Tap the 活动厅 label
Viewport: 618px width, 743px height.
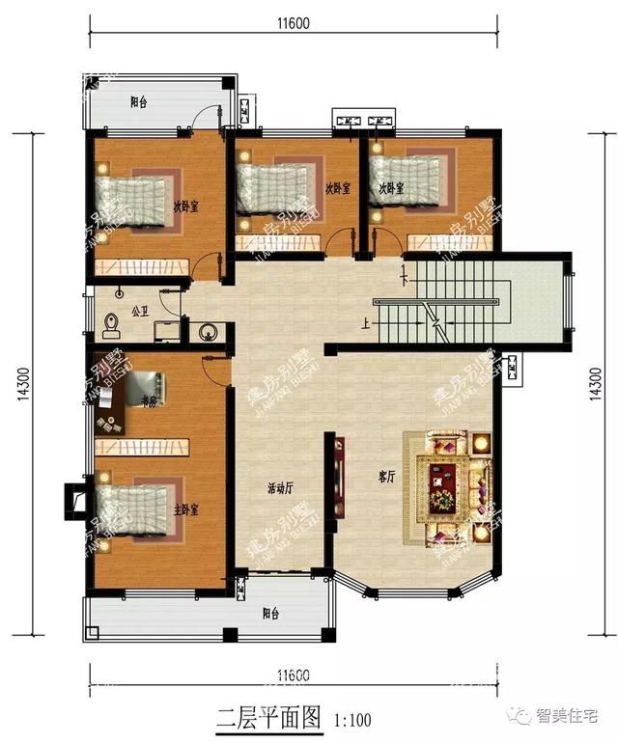tap(281, 488)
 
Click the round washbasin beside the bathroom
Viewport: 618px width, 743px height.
tap(206, 333)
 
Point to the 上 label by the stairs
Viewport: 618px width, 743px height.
tap(366, 325)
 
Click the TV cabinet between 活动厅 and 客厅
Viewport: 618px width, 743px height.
tap(339, 480)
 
